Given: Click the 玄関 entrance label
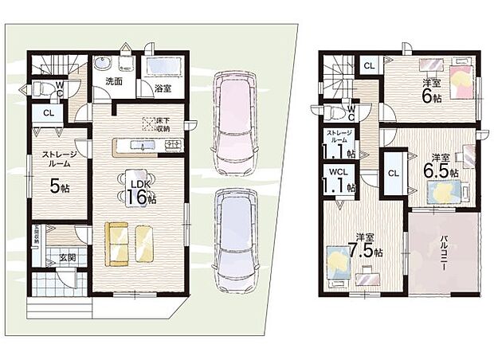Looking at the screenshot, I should point(57,256).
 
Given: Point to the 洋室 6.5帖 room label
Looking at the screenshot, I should point(444,165).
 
